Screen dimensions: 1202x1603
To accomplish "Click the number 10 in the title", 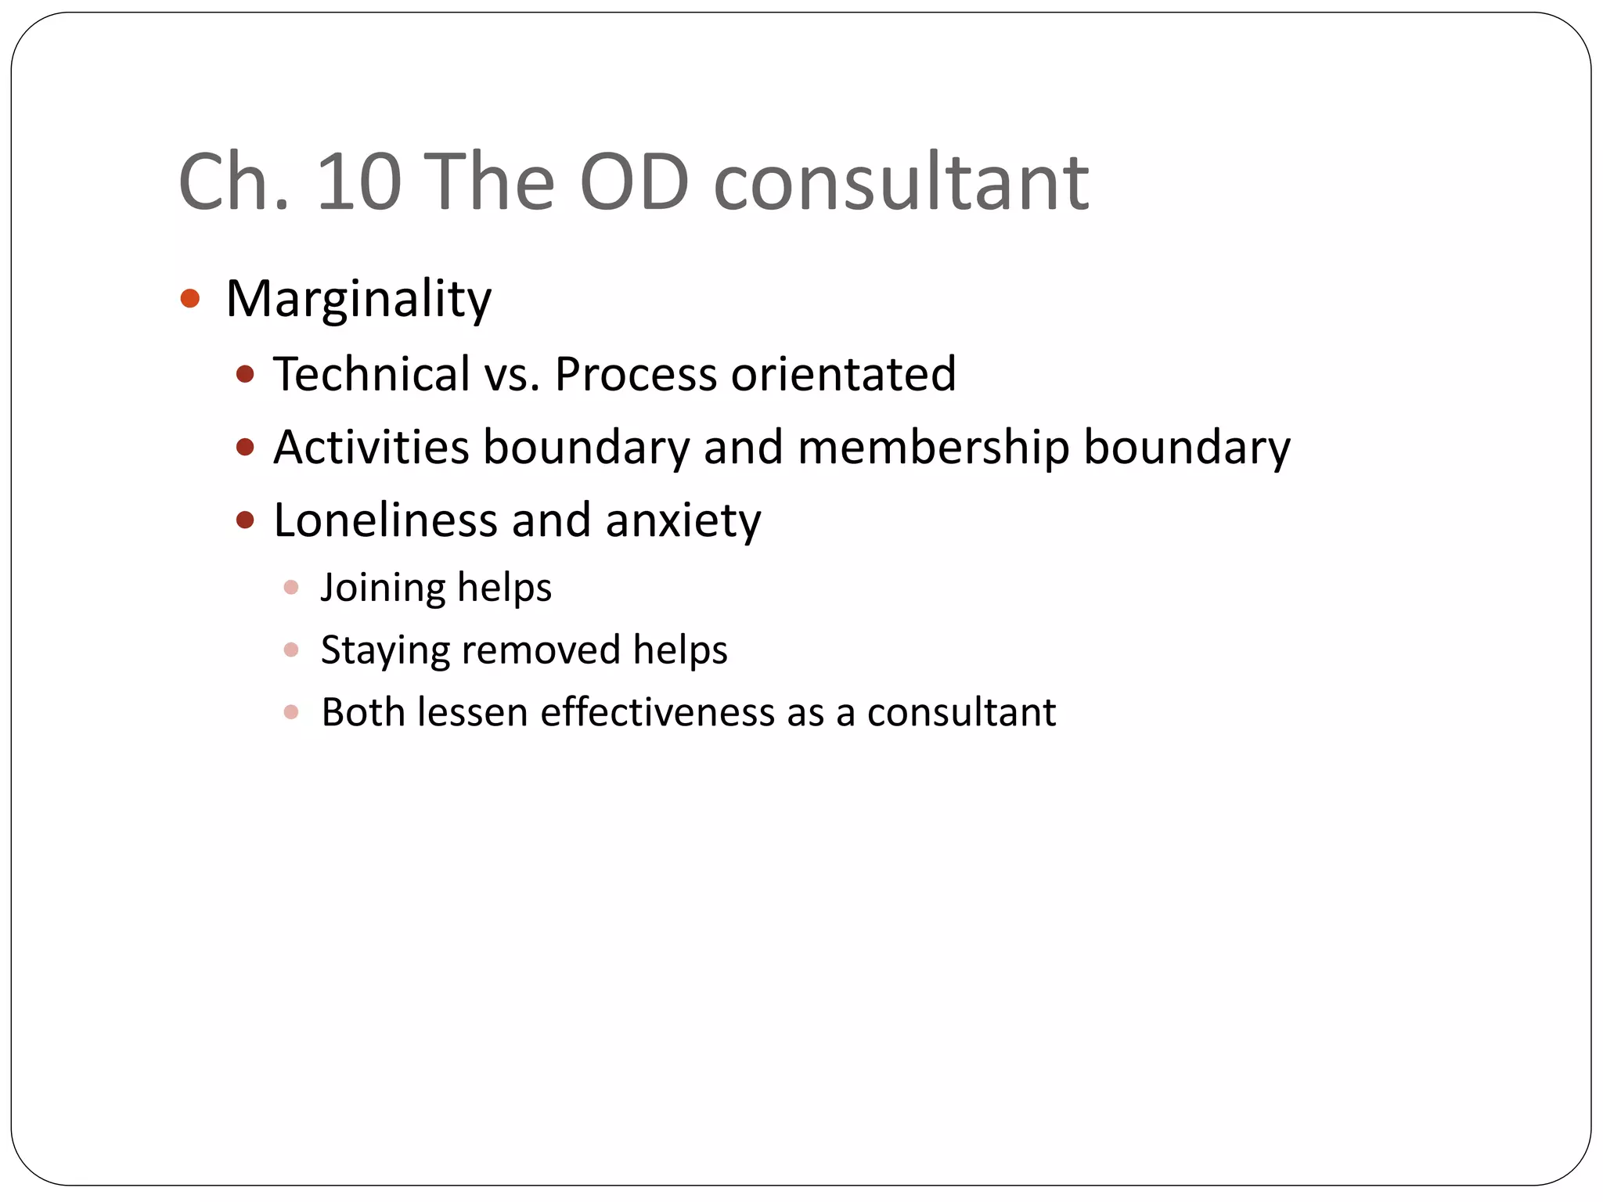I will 358,182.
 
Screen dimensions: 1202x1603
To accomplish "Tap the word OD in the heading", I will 634,182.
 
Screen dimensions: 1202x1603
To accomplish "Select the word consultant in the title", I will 901,182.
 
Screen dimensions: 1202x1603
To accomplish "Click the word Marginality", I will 358,299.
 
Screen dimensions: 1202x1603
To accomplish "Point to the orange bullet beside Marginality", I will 190,298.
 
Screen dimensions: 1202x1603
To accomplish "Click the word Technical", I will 371,373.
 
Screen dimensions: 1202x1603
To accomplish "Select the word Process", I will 636,373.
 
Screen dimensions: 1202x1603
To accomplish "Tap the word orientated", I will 843,373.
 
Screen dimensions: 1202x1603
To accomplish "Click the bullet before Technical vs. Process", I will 245,374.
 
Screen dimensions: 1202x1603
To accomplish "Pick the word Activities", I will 371,447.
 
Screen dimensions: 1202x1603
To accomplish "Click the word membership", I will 933,447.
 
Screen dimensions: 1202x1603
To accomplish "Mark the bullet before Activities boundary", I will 245,447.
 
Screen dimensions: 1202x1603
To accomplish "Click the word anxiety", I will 683,520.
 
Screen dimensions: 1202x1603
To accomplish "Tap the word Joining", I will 383,588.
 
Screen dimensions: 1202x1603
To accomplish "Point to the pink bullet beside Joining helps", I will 291,587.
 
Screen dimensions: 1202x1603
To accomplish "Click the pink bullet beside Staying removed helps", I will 291,650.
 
